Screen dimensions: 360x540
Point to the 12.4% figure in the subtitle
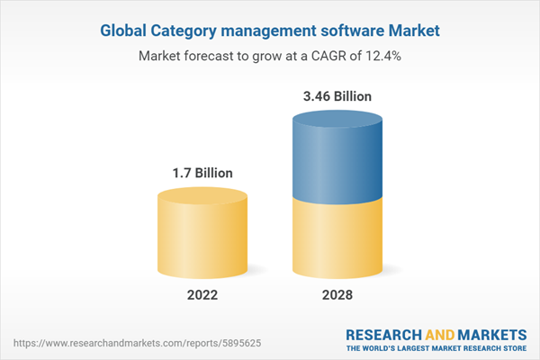click(382, 56)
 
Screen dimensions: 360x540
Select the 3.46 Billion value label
click(338, 95)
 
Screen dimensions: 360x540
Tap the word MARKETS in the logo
click(491, 333)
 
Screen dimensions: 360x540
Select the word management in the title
click(271, 30)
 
